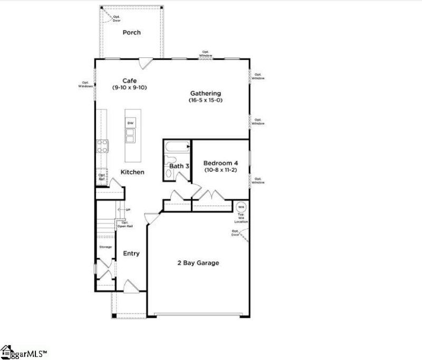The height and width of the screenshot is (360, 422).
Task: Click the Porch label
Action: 131,32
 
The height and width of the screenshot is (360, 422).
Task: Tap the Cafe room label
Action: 130,81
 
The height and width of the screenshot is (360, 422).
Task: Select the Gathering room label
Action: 206,93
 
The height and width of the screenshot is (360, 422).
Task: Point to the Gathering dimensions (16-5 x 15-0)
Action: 206,100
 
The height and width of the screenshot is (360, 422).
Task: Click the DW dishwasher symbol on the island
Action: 129,123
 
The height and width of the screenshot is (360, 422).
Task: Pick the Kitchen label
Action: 132,172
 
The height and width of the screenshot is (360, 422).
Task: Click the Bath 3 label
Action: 179,166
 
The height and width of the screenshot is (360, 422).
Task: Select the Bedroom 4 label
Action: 220,163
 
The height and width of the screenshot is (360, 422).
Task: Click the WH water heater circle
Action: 241,207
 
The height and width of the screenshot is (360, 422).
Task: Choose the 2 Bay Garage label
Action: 198,262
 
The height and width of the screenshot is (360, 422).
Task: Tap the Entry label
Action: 131,254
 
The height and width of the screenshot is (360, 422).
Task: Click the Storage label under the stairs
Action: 105,247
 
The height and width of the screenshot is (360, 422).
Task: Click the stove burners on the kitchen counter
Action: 102,145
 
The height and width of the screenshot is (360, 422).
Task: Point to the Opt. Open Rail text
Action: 124,224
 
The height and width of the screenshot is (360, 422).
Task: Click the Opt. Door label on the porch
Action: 116,19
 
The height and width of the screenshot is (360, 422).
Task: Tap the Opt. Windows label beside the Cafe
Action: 86,84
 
